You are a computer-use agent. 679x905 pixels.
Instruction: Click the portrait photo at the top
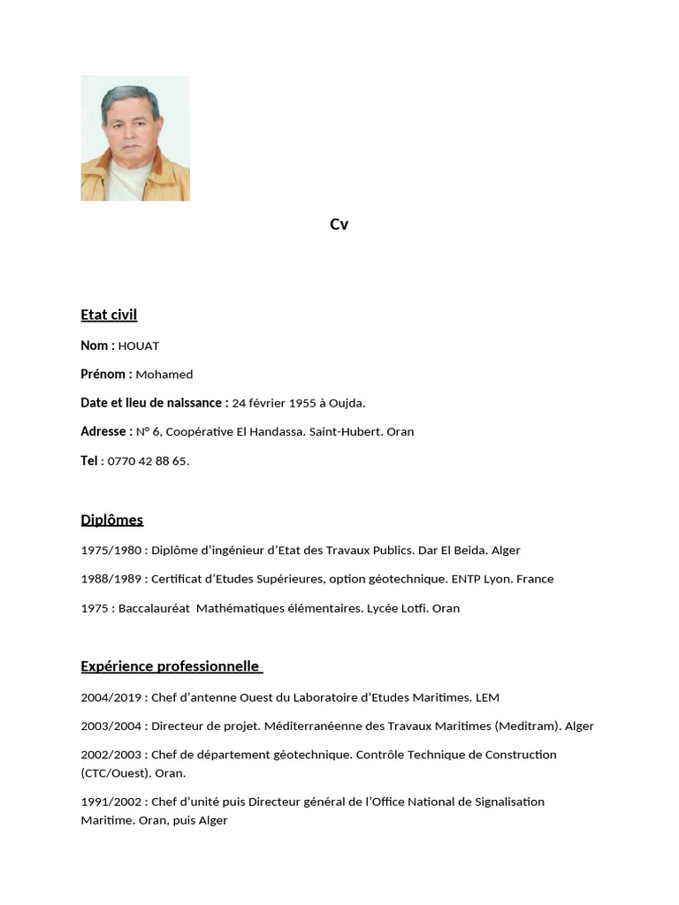pyautogui.click(x=135, y=138)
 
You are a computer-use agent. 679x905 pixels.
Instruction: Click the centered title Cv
pyautogui.click(x=339, y=224)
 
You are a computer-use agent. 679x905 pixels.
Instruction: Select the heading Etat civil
pyautogui.click(x=109, y=315)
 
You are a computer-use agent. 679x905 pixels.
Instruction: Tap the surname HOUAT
pyautogui.click(x=139, y=346)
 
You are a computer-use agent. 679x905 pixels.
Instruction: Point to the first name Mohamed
pyautogui.click(x=164, y=375)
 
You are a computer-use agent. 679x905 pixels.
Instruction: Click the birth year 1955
pyautogui.click(x=302, y=403)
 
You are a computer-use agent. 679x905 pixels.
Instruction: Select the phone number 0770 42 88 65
pyautogui.click(x=148, y=461)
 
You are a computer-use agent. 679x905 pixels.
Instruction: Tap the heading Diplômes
pyautogui.click(x=111, y=520)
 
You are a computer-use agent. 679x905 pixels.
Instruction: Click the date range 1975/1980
pyautogui.click(x=111, y=551)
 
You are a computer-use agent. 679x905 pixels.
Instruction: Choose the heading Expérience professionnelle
pyautogui.click(x=171, y=666)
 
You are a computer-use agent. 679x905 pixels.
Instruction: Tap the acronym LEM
pyautogui.click(x=487, y=698)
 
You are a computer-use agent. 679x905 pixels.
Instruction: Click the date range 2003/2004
pyautogui.click(x=111, y=726)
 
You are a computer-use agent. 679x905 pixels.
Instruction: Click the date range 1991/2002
pyautogui.click(x=111, y=802)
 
